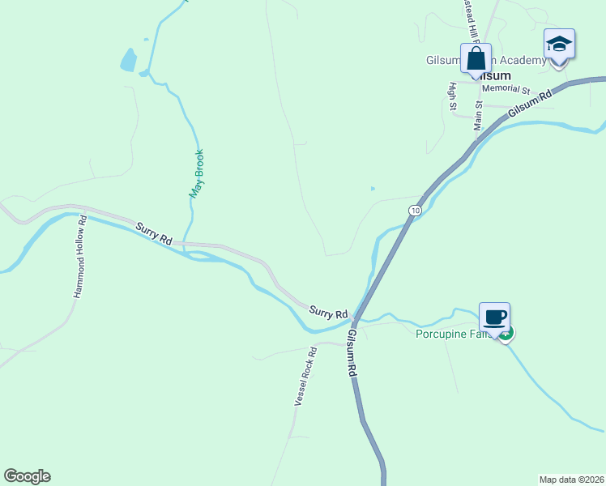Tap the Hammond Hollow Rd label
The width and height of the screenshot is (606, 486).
tap(80, 256)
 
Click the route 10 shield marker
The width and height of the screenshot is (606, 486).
tap(415, 211)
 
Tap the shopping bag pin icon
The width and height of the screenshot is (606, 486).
tap(476, 59)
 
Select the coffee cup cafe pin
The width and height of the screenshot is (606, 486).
tap(494, 316)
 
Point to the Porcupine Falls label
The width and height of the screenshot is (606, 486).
tap(454, 334)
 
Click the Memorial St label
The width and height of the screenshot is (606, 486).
tap(505, 89)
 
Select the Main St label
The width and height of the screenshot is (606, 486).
tap(478, 115)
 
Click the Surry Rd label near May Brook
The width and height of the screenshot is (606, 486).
tap(154, 234)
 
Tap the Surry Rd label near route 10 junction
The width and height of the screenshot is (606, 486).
tap(328, 312)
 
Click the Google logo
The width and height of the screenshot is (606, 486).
tap(27, 476)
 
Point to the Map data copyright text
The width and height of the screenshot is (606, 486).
tap(571, 480)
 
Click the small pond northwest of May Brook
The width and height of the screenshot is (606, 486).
tap(128, 59)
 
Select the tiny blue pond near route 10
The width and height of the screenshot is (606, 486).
tap(373, 189)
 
